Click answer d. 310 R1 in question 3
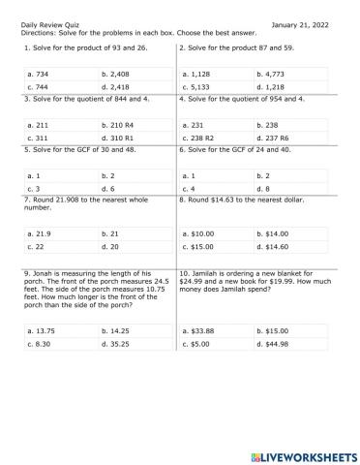pos(119,138)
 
